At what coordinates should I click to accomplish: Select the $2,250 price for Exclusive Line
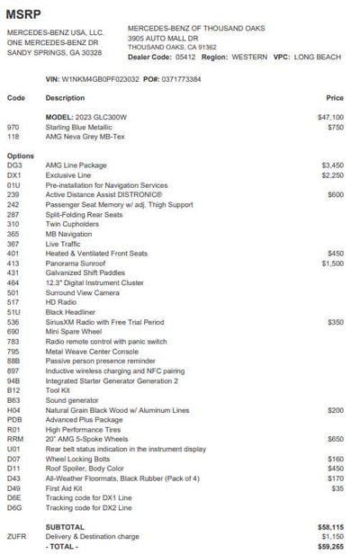tap(332, 175)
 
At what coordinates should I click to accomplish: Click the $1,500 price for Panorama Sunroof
tap(332, 264)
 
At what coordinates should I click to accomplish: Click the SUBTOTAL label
tap(65, 527)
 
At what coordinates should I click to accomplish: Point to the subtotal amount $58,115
tap(330, 527)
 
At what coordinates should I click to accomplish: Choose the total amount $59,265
tap(330, 546)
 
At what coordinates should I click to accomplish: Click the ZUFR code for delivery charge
tap(16, 536)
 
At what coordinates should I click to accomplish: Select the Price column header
tap(335, 97)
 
